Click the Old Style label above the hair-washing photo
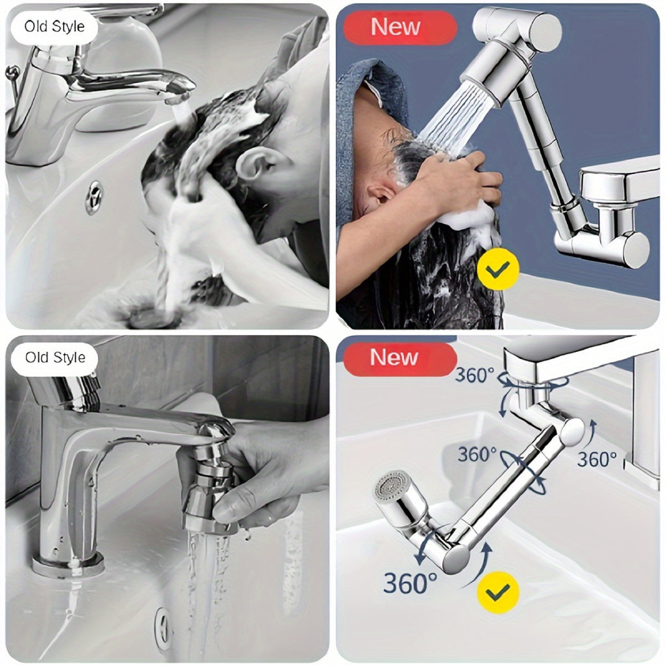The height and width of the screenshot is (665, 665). pyautogui.click(x=55, y=27)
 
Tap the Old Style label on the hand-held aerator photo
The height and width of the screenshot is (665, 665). pyautogui.click(x=55, y=358)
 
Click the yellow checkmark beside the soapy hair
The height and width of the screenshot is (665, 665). pyautogui.click(x=498, y=270)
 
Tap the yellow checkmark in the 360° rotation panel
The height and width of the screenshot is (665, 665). pyautogui.click(x=498, y=592)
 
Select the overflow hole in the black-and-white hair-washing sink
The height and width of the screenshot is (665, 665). pyautogui.click(x=94, y=197)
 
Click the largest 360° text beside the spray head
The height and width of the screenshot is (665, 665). pyautogui.click(x=410, y=583)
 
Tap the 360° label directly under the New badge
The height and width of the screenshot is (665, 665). pyautogui.click(x=474, y=375)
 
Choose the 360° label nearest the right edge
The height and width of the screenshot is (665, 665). pyautogui.click(x=597, y=459)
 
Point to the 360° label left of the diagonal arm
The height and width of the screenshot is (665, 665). pyautogui.click(x=477, y=455)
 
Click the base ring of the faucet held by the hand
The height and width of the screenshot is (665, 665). pyautogui.click(x=68, y=566)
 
